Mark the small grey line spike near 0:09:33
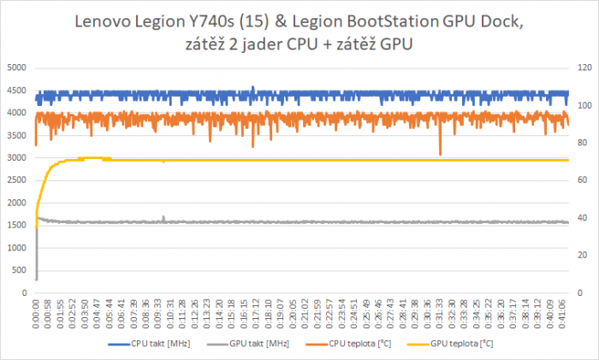[163, 217]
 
